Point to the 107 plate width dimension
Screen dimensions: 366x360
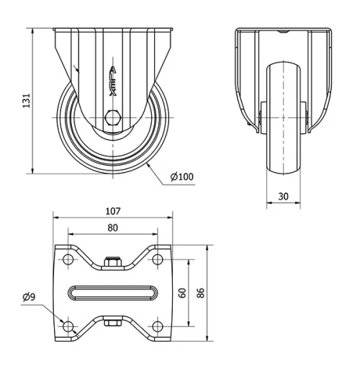click(x=112, y=212)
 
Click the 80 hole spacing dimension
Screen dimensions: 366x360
click(x=112, y=227)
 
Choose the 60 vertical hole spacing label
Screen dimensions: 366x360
click(x=182, y=293)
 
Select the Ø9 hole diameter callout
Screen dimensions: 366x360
click(x=30, y=297)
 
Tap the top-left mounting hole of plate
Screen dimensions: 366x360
click(x=68, y=259)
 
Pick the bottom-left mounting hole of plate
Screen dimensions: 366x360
click(x=68, y=326)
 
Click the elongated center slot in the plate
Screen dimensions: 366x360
click(x=112, y=293)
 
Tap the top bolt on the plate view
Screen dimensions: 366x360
click(x=112, y=263)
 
